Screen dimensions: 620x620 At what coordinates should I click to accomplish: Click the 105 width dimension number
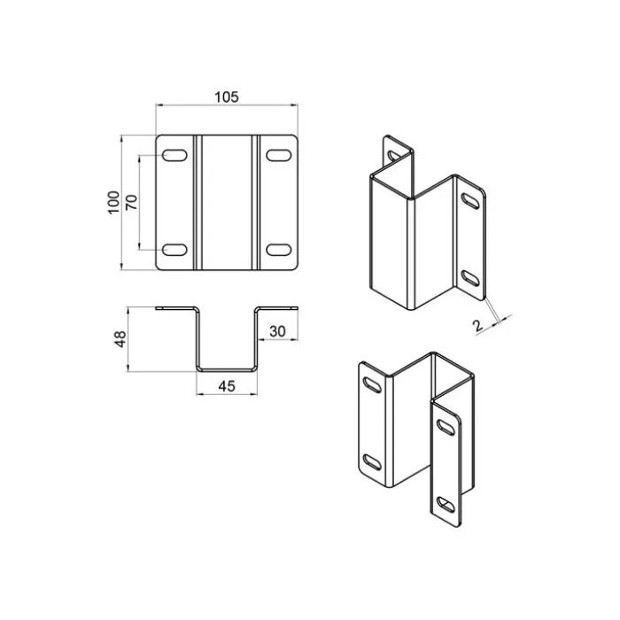pos(227,97)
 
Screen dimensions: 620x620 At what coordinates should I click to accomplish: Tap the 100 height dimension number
pos(113,203)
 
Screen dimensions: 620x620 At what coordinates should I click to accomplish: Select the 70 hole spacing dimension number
pos(132,202)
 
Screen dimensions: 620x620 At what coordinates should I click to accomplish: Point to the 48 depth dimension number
pos(120,339)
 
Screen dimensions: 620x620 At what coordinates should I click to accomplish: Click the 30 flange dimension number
pos(277,331)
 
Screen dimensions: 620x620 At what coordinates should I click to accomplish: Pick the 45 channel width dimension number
pos(227,386)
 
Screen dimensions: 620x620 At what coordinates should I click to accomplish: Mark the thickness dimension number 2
pos(478,325)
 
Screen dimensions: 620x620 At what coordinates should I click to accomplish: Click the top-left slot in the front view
pos(174,155)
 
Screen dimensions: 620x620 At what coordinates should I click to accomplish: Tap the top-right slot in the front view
pos(279,155)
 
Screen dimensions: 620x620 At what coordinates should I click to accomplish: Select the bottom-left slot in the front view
pos(174,250)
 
